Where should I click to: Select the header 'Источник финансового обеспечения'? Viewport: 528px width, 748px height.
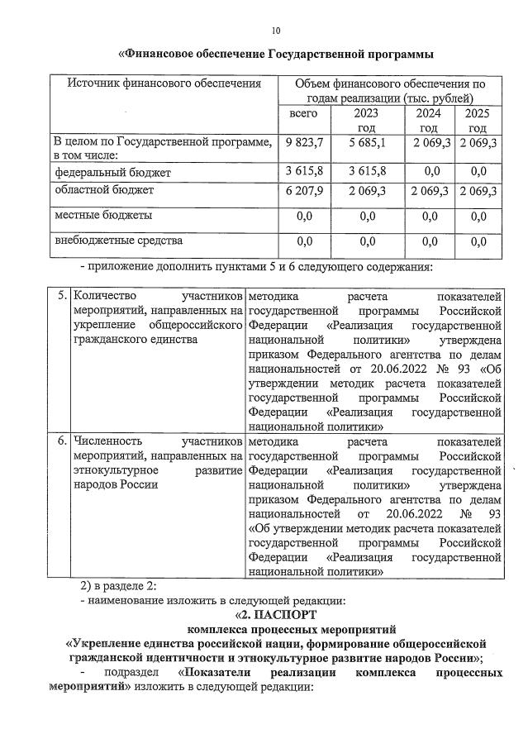(164, 83)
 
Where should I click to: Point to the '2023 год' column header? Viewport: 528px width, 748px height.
(366, 121)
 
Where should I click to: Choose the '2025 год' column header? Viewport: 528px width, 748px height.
(478, 121)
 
